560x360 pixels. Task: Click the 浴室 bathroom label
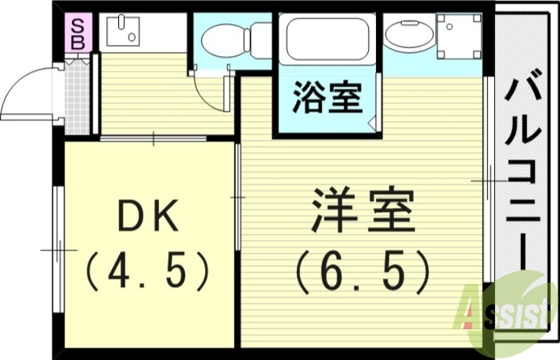tap(328, 98)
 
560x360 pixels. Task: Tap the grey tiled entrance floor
tap(78, 97)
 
